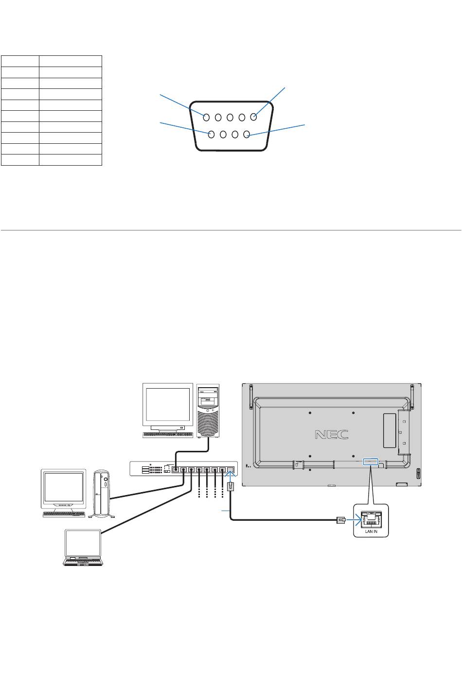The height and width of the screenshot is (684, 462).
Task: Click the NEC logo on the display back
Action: point(332,434)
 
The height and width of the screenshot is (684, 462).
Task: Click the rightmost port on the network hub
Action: point(230,470)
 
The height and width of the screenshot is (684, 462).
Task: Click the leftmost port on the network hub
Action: point(176,470)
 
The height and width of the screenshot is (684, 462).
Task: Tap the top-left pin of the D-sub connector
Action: point(207,117)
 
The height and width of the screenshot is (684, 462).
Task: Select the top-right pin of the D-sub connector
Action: point(253,117)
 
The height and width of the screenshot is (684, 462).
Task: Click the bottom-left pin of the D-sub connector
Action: point(212,135)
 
